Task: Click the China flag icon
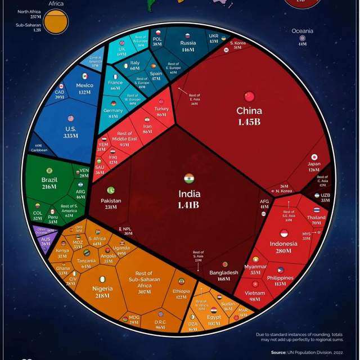coord(249,97)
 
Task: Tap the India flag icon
coord(189,179)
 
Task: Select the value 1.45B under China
coord(249,121)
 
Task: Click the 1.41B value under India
coord(189,205)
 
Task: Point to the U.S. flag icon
coord(70,118)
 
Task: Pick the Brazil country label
coord(49,179)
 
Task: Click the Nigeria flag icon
coord(102,279)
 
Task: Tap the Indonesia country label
coord(283,244)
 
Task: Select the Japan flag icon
coord(314,157)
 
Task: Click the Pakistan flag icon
coord(111,190)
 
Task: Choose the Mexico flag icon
coord(84,76)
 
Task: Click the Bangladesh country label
coord(224,272)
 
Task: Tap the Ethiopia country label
coord(181,291)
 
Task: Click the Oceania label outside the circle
coord(302,31)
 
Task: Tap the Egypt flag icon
coord(213,310)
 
